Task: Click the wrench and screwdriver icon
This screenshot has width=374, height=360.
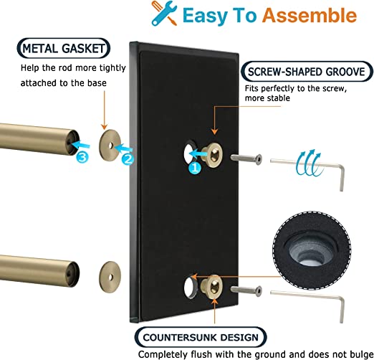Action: coord(164,13)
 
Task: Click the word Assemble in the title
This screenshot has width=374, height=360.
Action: coord(310,15)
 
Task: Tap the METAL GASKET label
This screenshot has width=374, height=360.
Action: coord(64,48)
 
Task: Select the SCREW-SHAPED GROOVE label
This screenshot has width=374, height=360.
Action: coord(307,72)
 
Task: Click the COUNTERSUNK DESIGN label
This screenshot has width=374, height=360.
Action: coord(201,337)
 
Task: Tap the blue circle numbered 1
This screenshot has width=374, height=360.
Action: coord(195,168)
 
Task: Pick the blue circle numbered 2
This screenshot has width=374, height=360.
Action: coord(128,159)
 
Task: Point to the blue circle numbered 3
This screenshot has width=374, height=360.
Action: coord(82,157)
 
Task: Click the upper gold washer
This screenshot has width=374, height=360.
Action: coord(110,146)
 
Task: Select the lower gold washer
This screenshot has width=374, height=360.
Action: coord(110,277)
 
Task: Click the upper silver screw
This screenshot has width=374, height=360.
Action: coord(246,158)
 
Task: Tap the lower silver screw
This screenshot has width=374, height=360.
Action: coord(246,290)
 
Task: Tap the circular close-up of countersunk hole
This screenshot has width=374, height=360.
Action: coord(312,250)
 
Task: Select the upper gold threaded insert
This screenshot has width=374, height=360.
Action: coord(212,155)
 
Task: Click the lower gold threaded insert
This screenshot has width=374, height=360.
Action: coord(212,287)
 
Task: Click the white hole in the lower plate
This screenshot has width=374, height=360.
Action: coord(189,287)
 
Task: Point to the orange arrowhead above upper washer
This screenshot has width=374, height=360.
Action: coord(104,127)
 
